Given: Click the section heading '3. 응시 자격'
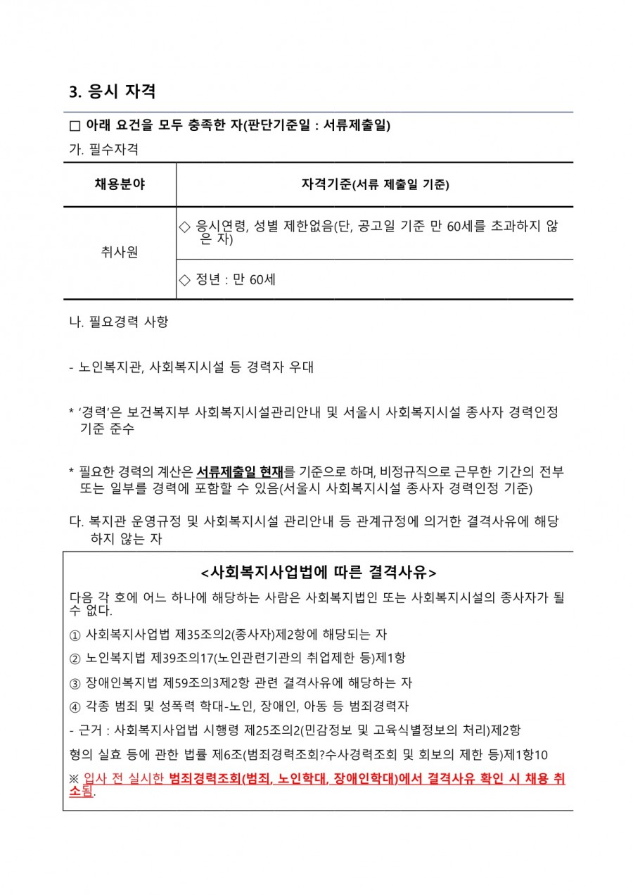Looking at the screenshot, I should [x=113, y=92].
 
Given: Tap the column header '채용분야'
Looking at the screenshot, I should [x=120, y=185].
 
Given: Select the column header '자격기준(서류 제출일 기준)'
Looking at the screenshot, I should [x=375, y=185].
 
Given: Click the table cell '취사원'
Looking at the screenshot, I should [x=120, y=253].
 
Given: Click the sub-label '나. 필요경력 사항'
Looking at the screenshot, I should [x=118, y=323].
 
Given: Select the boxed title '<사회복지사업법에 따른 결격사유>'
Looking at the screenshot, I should [x=318, y=570].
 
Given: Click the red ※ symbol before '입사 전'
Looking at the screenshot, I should [x=75, y=779].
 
